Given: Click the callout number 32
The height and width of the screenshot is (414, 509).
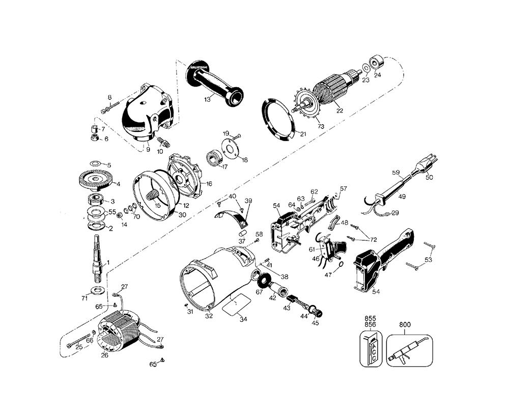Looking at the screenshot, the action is (x=209, y=316).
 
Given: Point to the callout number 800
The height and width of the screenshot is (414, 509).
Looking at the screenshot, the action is (x=405, y=324).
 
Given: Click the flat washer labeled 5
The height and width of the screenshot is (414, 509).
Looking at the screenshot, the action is (x=95, y=162).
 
